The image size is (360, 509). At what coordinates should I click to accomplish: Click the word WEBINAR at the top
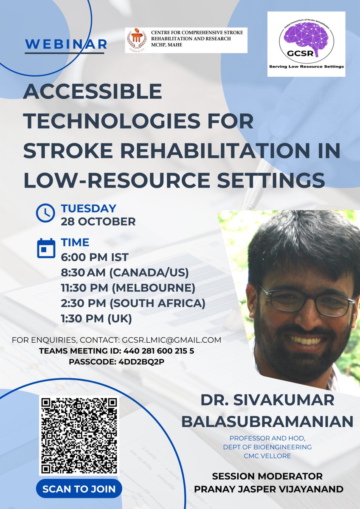tap(66, 44)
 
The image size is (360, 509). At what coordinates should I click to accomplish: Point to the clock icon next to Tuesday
tap(45, 213)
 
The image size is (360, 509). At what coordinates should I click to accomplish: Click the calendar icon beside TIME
tap(46, 249)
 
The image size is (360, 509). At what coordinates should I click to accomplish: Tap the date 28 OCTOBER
tap(98, 221)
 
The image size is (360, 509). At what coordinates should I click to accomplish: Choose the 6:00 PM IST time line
tap(94, 257)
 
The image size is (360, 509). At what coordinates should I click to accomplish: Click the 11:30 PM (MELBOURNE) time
tap(128, 288)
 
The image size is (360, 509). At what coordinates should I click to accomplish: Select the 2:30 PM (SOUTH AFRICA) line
tap(133, 303)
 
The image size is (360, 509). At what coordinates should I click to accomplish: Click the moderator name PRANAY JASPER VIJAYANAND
tap(269, 489)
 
